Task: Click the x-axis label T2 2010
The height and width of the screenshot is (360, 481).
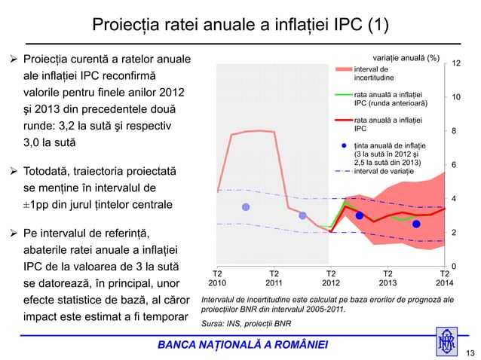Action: (x=217, y=279)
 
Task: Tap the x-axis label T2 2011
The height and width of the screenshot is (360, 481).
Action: (x=274, y=279)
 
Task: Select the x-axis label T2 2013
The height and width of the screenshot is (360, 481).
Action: (x=388, y=279)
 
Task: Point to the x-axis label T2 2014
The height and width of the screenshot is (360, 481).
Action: (x=444, y=279)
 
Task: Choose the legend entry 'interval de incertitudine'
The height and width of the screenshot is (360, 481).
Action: (x=378, y=73)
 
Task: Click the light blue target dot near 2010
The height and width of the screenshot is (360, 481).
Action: (x=245, y=207)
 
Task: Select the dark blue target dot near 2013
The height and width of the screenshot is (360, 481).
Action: (x=416, y=224)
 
